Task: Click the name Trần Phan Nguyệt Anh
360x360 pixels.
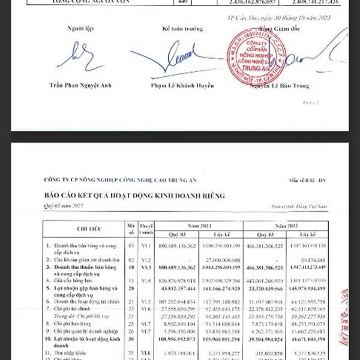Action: pyautogui.click(x=80, y=86)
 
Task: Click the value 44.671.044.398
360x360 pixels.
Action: pyautogui.click(x=307, y=339)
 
